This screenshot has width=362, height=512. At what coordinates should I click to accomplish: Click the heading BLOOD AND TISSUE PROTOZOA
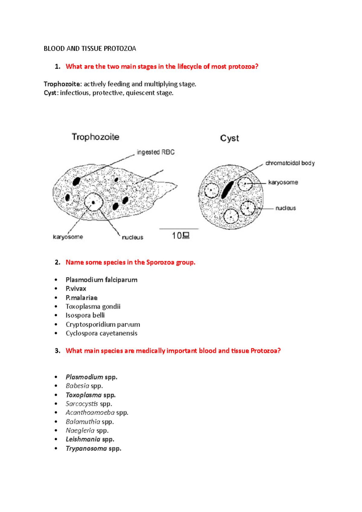point(90,49)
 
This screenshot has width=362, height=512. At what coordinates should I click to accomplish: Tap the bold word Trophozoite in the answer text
point(62,84)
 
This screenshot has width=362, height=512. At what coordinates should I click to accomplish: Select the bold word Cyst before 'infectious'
point(50,93)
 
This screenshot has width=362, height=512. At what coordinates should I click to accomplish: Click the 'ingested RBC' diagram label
point(156,152)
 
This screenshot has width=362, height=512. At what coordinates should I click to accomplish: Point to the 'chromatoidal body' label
point(290,163)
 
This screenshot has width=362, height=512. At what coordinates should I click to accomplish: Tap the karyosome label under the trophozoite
point(68,237)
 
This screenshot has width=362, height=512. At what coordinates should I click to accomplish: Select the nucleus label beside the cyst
point(286,208)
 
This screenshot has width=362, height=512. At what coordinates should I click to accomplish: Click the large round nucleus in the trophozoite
point(94,202)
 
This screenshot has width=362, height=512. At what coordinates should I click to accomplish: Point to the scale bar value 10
point(177,236)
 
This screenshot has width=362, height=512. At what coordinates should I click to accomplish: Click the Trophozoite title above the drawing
point(95,137)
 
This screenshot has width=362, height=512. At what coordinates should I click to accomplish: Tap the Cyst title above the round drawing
point(229,138)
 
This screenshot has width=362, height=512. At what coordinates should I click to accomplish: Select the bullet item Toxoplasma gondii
point(93,307)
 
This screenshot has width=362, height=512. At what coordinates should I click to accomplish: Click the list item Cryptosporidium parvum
point(103,324)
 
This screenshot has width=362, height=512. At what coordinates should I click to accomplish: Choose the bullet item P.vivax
point(76,289)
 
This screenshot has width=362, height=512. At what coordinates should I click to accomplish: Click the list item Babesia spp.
point(84,386)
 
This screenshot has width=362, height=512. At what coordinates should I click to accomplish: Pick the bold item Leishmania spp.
point(90,439)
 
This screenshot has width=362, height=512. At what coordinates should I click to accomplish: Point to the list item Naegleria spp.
point(87,431)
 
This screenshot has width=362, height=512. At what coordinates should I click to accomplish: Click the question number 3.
point(57,351)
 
